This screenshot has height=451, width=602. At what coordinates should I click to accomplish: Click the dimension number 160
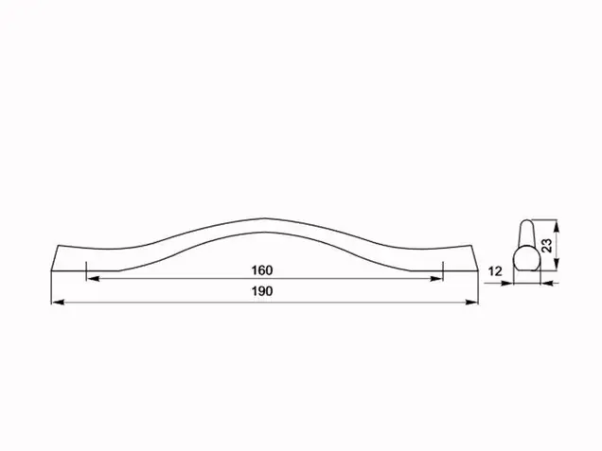[262, 270]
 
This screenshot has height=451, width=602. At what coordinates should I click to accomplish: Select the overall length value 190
[262, 291]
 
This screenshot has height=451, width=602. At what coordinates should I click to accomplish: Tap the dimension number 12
[495, 271]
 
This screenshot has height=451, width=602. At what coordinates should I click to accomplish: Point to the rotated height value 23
[547, 246]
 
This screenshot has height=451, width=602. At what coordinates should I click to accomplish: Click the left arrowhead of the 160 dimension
[94, 279]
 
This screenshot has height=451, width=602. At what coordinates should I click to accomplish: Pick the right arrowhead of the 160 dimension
[436, 279]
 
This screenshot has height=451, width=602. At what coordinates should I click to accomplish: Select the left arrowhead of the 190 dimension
[58, 303]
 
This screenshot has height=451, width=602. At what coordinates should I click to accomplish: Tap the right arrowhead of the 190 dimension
[471, 303]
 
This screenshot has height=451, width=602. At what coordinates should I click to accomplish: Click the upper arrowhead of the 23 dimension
[558, 226]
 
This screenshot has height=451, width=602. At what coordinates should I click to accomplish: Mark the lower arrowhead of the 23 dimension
[558, 264]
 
